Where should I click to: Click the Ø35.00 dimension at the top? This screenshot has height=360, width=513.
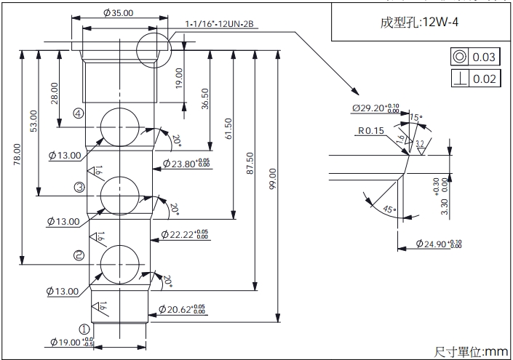tap(118, 13)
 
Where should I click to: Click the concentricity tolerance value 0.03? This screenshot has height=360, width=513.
tap(484, 57)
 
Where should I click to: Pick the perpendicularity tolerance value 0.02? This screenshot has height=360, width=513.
tap(484, 79)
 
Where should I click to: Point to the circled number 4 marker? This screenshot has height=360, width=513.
tap(78, 114)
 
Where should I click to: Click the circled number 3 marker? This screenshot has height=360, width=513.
tap(79, 188)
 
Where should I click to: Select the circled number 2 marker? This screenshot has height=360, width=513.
tap(79, 255)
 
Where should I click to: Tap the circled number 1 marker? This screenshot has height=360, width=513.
tap(84, 328)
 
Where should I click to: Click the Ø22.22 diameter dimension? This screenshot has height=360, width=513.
tap(181, 235)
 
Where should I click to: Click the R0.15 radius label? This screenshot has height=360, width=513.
tap(371, 131)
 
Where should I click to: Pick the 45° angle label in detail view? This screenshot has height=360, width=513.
tap(389, 209)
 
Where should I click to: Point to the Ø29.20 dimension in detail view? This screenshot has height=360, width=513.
tap(375, 108)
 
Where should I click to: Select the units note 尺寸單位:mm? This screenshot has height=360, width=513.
tap(471, 351)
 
